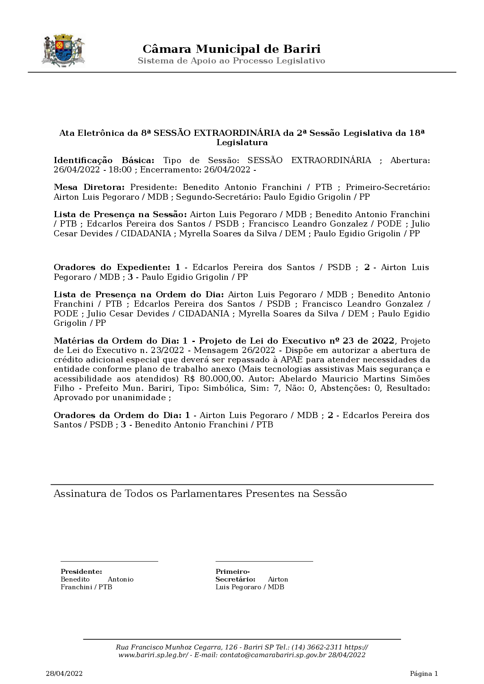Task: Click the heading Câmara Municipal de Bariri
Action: point(231,49)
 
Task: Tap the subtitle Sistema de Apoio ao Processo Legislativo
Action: point(231,61)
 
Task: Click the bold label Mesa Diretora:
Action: point(89,187)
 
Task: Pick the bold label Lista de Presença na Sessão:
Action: point(120,214)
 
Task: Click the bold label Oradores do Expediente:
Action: point(112,268)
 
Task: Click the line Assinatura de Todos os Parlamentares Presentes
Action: point(200,494)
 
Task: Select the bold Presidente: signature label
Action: point(81,572)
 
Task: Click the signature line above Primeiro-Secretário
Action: point(264,562)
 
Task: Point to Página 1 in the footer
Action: point(424,674)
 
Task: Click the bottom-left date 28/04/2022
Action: point(64,674)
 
